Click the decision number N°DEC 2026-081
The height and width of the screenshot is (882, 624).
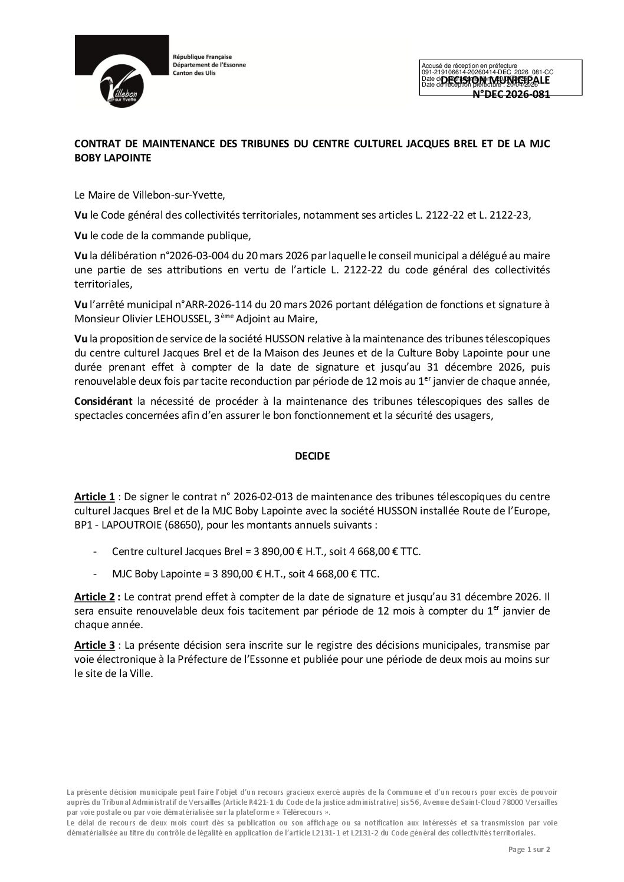(x=511, y=94)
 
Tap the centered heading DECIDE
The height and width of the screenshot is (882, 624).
(x=312, y=455)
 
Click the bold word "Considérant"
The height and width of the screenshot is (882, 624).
(x=103, y=402)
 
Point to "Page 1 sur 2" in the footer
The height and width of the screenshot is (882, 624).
(x=529, y=849)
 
